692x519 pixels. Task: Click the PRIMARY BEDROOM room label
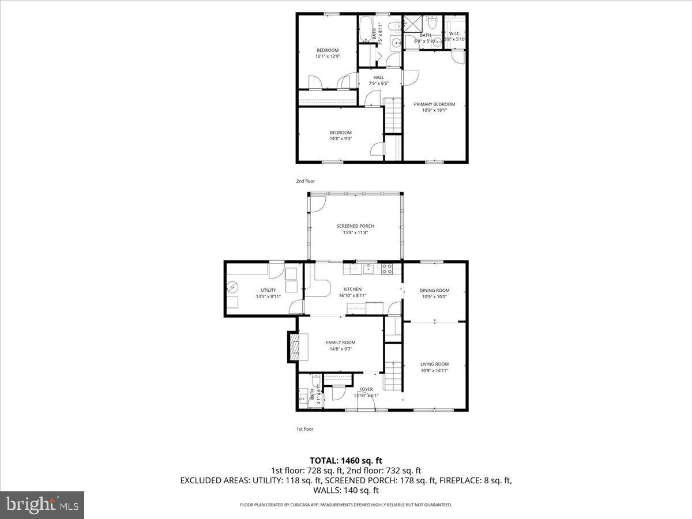coord(434,104)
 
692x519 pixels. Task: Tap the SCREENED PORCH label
coord(356,226)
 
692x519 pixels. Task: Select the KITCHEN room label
coord(352,289)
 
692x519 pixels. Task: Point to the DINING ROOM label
coord(434,291)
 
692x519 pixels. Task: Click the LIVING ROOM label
coord(434,364)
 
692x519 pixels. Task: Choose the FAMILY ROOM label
coord(340,343)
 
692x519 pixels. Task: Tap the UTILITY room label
coord(268,290)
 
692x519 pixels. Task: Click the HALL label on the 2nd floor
coord(378,77)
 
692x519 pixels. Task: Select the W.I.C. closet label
coord(454,33)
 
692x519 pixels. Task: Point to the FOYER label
coord(366,389)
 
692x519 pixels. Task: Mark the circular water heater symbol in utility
coord(233,287)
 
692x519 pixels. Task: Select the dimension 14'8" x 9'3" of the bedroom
coord(340,138)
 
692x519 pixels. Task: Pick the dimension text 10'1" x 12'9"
coord(327,57)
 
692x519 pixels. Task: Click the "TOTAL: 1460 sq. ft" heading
coord(346,460)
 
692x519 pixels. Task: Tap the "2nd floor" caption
coord(306,181)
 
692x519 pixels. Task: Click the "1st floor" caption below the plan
coord(304,429)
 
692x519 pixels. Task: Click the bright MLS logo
coord(42,505)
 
